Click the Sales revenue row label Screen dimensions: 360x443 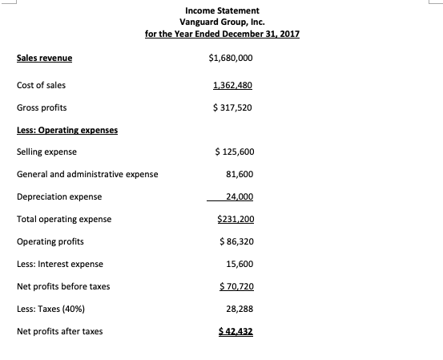coord(44,59)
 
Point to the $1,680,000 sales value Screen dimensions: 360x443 coord(230,59)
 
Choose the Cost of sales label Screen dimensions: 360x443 coord(42,85)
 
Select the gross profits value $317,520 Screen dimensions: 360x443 coord(232,107)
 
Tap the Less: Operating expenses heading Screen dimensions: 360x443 coord(67,130)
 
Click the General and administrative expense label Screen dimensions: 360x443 coord(87,174)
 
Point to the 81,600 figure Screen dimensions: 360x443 coord(240,174)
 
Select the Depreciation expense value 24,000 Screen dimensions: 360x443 coord(240,196)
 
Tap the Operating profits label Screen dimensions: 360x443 coord(50,241)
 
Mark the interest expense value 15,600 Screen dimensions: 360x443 coord(240,264)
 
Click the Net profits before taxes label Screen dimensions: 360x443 coord(63,286)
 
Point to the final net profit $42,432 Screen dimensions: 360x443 coord(236,331)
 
